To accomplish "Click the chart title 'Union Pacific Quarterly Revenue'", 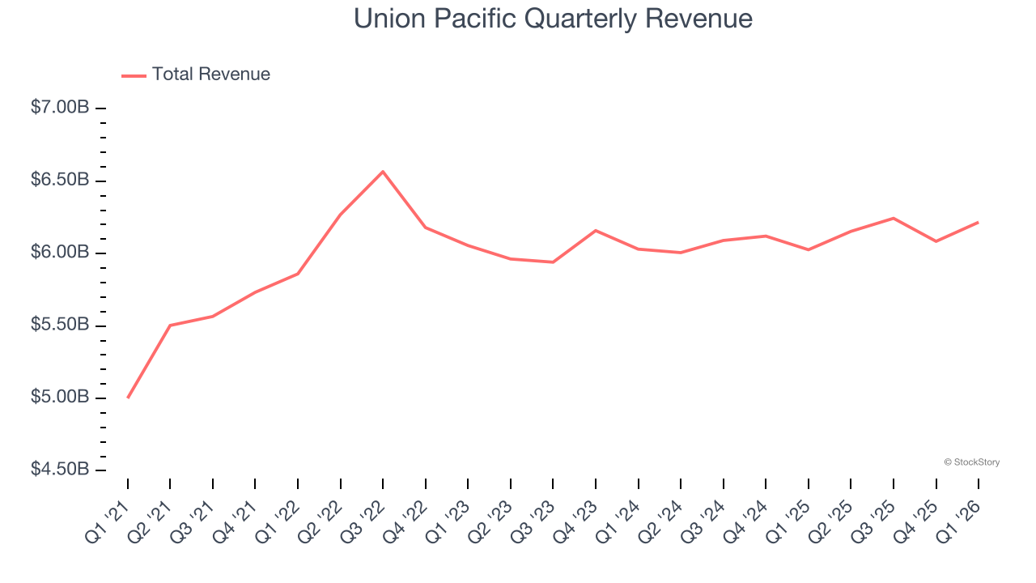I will pyautogui.click(x=553, y=19).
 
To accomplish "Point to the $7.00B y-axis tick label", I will pyautogui.click(x=60, y=108).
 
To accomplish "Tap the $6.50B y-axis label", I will pyautogui.click(x=60, y=180).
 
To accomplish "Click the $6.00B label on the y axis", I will pyautogui.click(x=60, y=253).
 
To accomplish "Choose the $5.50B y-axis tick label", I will pyautogui.click(x=60, y=326).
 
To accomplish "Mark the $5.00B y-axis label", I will pyautogui.click(x=60, y=398).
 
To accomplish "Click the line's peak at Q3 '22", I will pyautogui.click(x=383, y=172).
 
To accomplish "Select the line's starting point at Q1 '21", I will pyautogui.click(x=128, y=398).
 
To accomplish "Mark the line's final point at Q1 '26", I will pyautogui.click(x=979, y=222).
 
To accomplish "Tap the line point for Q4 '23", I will pyautogui.click(x=596, y=231).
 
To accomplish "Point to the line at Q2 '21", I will pyautogui.click(x=170, y=326).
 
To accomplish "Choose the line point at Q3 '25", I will pyautogui.click(x=894, y=218).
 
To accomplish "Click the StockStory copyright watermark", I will pyautogui.click(x=971, y=462).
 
